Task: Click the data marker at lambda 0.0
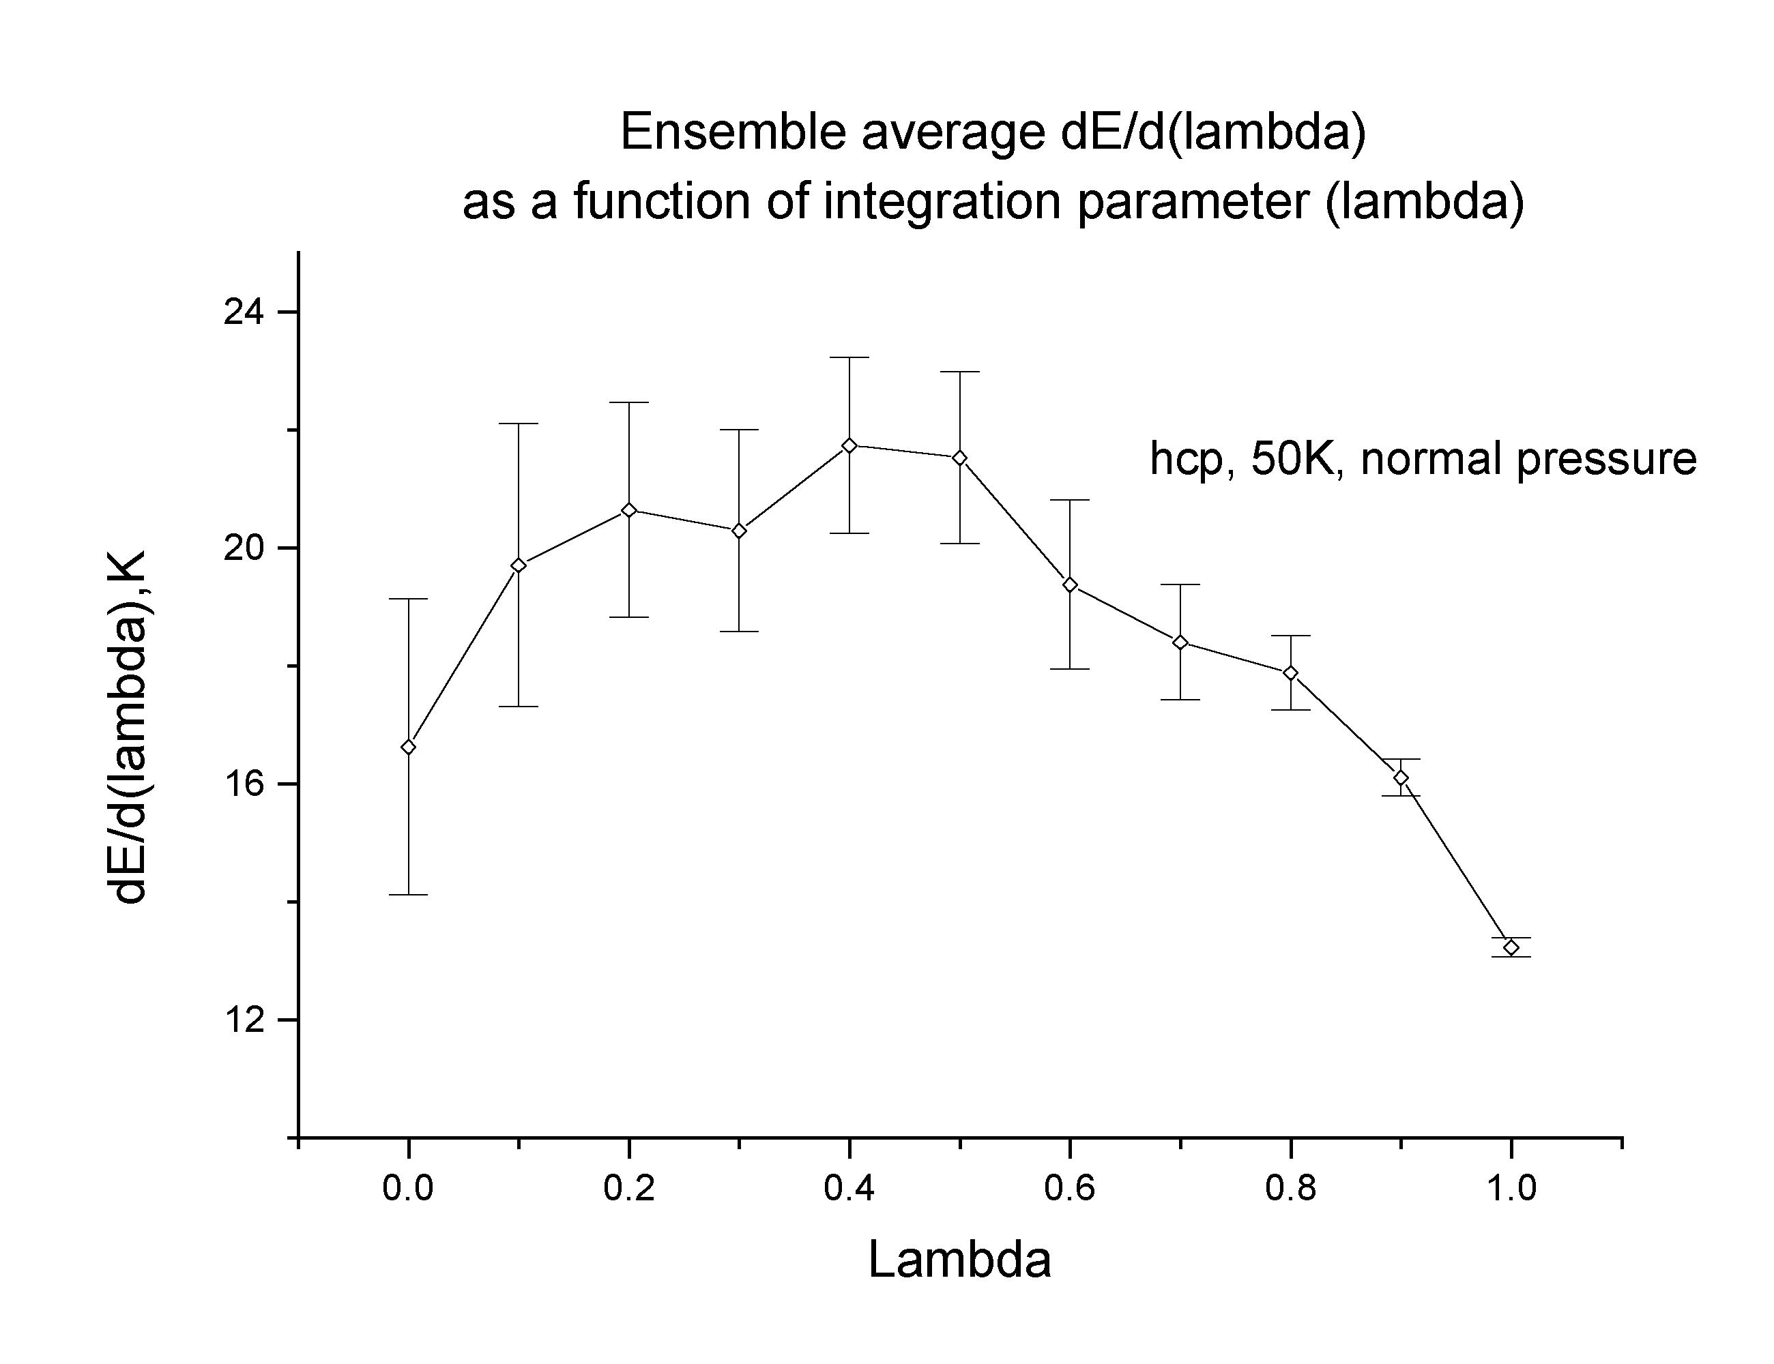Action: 409,747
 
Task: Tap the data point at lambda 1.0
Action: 1511,947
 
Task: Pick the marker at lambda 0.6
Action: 1070,585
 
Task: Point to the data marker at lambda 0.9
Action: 1400,777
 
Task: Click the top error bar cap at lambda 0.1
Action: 519,424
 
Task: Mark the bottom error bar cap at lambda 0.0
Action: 409,895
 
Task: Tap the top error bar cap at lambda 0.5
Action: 959,372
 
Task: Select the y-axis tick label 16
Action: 247,784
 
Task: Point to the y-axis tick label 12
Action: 247,1020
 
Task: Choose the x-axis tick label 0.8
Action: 1291,1189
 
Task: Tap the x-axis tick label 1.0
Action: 1511,1189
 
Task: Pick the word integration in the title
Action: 942,202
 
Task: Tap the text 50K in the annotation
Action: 1296,459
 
